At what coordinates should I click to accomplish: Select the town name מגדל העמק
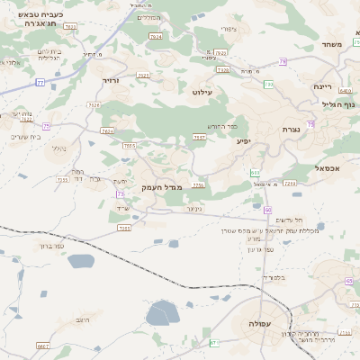tap(162, 186)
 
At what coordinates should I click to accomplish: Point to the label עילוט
tap(203, 92)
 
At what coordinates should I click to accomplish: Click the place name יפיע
tap(244, 141)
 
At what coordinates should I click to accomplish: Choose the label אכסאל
tap(327, 168)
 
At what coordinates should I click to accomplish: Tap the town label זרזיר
tap(110, 80)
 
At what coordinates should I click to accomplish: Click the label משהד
tap(332, 43)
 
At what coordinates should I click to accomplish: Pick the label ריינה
tap(323, 86)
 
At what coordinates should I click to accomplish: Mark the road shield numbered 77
tap(40, 83)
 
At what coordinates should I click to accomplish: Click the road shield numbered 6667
tap(42, 346)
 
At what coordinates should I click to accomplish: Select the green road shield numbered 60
tap(268, 210)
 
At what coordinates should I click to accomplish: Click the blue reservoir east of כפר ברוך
tap(79, 261)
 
